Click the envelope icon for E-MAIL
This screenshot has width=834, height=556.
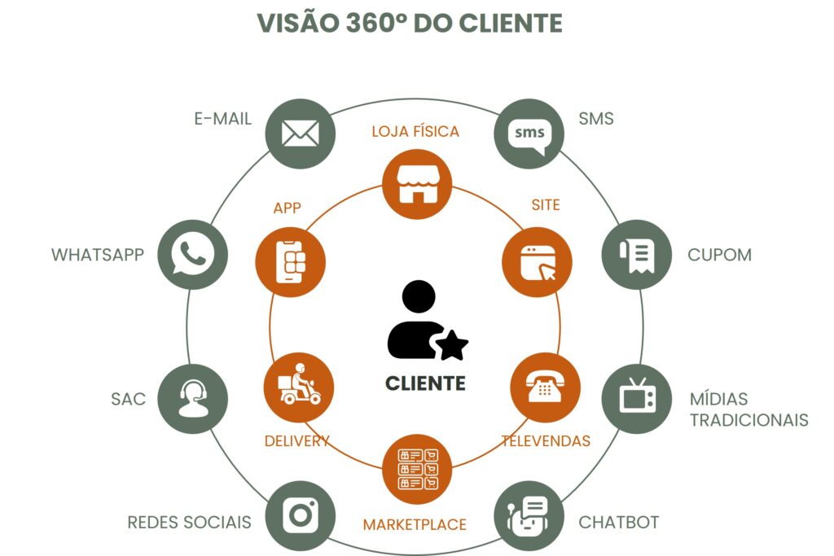tap(300, 134)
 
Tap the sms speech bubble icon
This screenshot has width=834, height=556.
tap(529, 136)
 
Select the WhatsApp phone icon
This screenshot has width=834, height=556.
tap(192, 254)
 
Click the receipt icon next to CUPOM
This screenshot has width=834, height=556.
tap(637, 255)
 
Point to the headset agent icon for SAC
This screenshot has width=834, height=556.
tap(193, 399)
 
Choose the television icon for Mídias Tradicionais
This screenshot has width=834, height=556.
tap(637, 396)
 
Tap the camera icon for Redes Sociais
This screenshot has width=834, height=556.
tap(301, 514)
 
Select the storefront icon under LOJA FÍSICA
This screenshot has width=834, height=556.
tap(418, 184)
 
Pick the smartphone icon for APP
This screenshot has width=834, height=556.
tap(291, 261)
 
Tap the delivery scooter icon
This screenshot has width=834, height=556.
tap(299, 383)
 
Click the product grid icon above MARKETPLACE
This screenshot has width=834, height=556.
tap(418, 470)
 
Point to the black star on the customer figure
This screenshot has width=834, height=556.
tap(452, 345)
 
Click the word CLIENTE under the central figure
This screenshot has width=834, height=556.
tap(425, 383)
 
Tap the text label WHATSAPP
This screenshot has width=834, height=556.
tap(98, 255)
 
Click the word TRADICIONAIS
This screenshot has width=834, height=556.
tap(749, 420)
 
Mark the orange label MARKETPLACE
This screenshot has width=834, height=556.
tap(415, 524)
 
